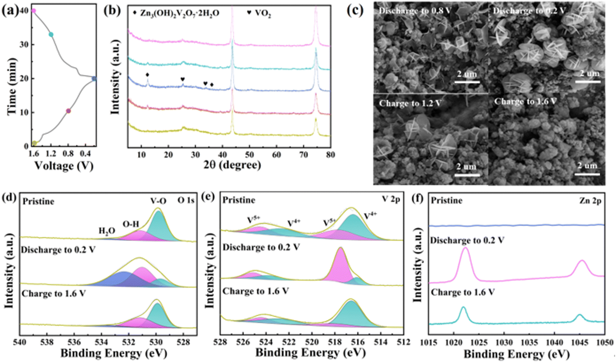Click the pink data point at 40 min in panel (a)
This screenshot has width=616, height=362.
34,11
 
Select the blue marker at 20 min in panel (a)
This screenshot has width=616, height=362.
94,79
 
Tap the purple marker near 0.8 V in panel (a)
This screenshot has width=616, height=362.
68,111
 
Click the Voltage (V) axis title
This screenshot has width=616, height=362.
64,166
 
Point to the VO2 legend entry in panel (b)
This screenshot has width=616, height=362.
259,13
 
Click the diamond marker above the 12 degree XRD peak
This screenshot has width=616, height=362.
147,75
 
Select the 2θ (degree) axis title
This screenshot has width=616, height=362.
232,165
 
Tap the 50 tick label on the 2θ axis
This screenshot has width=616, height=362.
249,155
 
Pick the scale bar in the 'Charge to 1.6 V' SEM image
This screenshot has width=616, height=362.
587,174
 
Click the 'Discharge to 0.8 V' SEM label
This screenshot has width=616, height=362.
415,11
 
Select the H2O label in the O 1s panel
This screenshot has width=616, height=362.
107,231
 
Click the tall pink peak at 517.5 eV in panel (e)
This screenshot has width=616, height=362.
340,250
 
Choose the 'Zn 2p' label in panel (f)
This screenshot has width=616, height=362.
590,201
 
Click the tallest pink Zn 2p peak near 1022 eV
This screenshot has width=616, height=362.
465,249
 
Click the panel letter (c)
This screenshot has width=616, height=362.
355,11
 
